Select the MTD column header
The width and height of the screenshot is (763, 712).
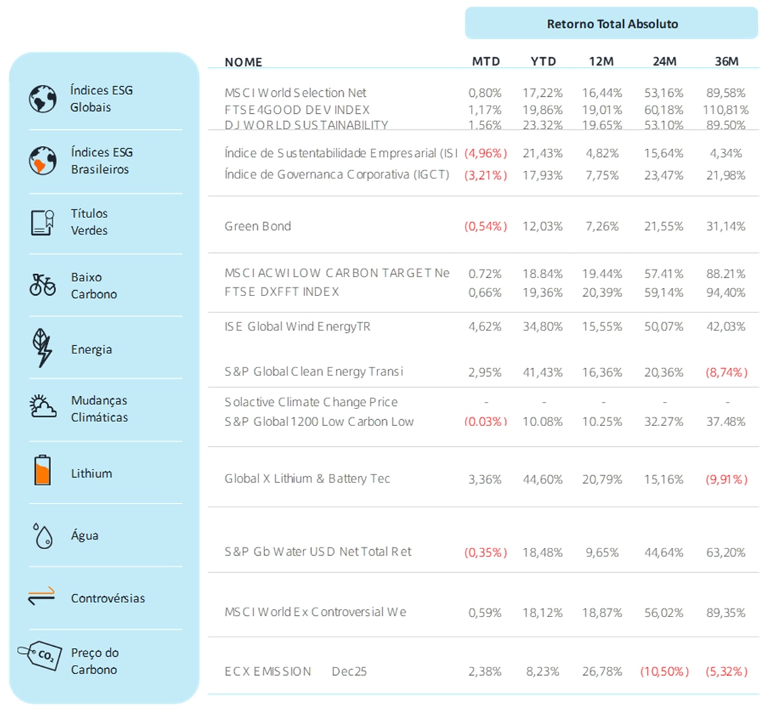pos(486,61)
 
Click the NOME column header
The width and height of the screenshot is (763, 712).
pos(244,62)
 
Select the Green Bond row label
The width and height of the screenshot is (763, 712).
pos(258,226)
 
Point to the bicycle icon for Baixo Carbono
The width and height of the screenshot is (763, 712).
pos(42,285)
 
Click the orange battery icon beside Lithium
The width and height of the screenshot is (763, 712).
pos(42,471)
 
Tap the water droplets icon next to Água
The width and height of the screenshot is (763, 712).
pos(42,536)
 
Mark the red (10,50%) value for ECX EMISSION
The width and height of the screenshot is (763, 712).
pos(663,672)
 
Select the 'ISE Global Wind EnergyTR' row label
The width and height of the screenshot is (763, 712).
pos(297,327)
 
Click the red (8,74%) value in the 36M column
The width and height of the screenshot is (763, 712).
pos(725,372)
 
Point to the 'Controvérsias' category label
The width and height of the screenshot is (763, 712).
pos(108,598)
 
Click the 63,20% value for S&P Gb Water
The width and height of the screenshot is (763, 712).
pos(726,553)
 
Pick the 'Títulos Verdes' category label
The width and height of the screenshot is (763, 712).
pos(89,222)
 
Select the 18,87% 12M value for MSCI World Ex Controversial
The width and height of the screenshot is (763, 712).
pos(603,613)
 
